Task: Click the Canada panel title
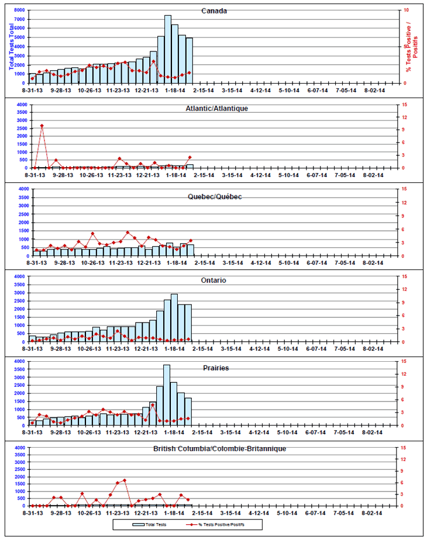pyautogui.click(x=214, y=11)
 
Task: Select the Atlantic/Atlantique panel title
pyautogui.click(x=216, y=108)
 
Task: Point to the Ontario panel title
pyautogui.click(x=215, y=281)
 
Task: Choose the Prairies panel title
pyautogui.click(x=216, y=368)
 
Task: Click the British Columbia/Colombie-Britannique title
pyautogui.click(x=219, y=448)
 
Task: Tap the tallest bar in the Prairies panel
pyautogui.click(x=167, y=394)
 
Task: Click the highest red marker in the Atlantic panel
pyautogui.click(x=42, y=126)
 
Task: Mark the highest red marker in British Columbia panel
pyautogui.click(x=125, y=480)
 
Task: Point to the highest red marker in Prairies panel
pyautogui.click(x=153, y=405)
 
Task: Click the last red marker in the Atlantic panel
pyautogui.click(x=190, y=157)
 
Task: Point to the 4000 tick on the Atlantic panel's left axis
pyautogui.click(x=19, y=105)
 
